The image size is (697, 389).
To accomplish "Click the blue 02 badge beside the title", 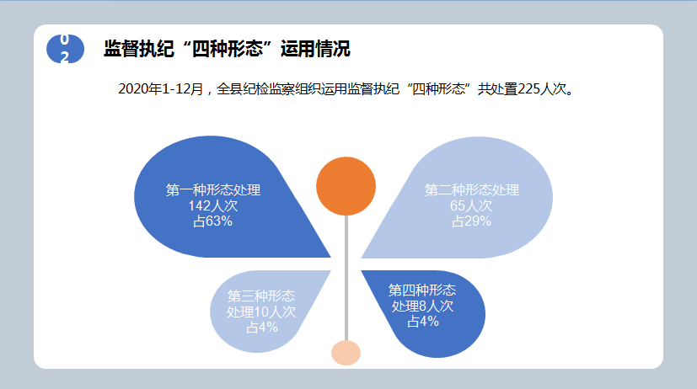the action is coord(66,49).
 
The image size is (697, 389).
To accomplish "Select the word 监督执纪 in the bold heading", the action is coord(139,49).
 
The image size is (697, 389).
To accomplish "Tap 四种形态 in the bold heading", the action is coord(228,49).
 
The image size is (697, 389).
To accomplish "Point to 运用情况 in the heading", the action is coord(315,49).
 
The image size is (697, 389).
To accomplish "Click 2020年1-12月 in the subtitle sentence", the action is coord(160,89).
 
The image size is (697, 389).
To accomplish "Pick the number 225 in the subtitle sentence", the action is coord(528,89).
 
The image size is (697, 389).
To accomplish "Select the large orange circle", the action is coord(346,186).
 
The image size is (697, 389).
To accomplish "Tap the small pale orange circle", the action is coord(346,353).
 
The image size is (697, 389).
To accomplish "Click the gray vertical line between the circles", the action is coord(346,278).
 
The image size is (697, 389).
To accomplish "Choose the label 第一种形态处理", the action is coord(213,190).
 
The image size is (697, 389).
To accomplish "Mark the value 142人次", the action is coord(213,205).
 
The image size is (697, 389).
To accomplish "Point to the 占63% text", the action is coord(213,221).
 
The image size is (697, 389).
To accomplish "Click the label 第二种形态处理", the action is coord(472,190).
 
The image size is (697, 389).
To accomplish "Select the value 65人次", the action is coord(471,205).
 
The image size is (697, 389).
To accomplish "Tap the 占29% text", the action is coord(471,221).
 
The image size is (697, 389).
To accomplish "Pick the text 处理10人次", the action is coord(261,312).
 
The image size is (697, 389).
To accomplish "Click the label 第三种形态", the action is coord(261,296).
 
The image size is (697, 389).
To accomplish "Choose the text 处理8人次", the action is coord(422,306).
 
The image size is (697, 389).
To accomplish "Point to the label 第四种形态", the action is coord(422,290).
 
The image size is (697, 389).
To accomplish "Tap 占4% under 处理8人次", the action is coord(423,322).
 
